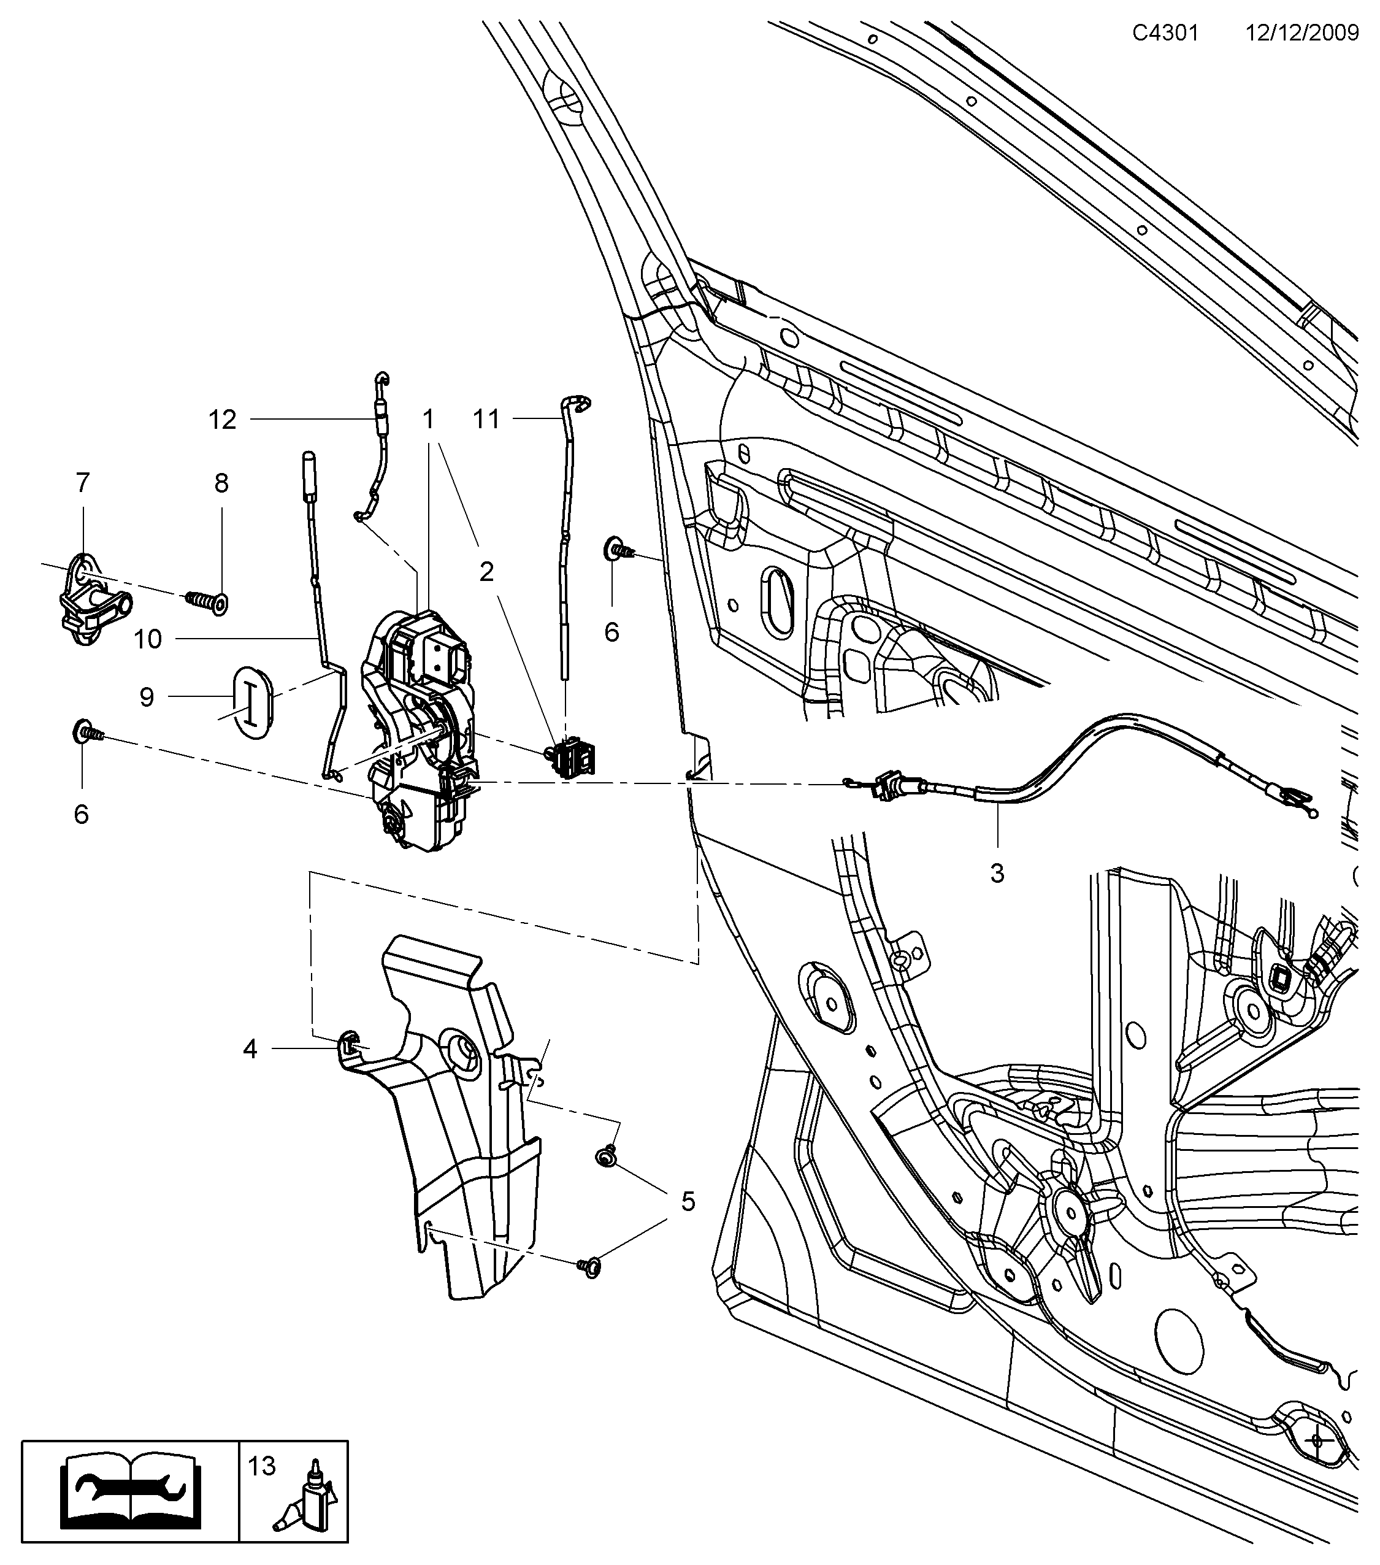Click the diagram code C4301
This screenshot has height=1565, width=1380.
coord(1166,33)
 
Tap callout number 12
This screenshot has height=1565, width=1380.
coord(223,420)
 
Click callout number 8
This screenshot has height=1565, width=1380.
coord(221,483)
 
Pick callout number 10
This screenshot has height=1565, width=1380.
coord(148,639)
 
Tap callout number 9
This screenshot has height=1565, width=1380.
coord(146,697)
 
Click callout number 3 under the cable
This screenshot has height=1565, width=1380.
coord(997,873)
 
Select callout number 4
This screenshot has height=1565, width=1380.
coord(250,1049)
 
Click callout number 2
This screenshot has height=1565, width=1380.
coord(487,571)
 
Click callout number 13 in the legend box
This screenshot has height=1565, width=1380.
coord(261,1466)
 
